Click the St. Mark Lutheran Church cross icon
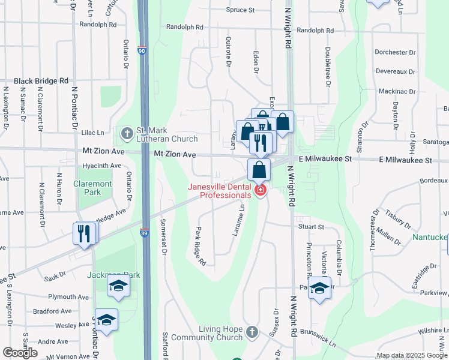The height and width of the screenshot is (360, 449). point(127,132)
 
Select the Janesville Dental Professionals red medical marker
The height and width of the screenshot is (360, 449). point(260,191)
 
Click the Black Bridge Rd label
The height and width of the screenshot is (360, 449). point(41,81)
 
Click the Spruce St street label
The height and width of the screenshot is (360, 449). point(241,10)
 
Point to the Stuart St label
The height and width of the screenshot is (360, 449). point(311,227)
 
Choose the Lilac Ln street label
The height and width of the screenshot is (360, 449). point(92,133)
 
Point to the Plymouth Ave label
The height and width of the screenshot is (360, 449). point(68,297)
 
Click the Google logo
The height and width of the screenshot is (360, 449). point(20,352)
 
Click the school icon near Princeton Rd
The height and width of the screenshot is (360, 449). point(319,288)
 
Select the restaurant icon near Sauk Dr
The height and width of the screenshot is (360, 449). point(85,233)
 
